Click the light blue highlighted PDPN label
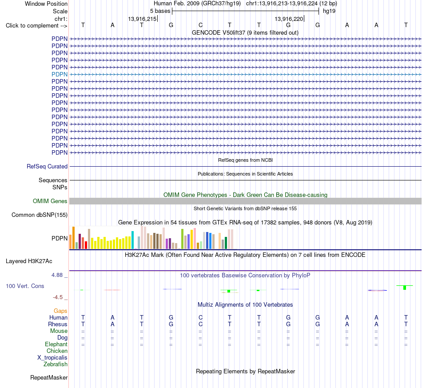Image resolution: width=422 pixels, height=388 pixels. tap(60, 74)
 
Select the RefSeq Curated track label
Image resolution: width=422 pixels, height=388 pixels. tap(47, 166)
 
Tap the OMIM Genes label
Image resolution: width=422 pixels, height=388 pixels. tap(50, 201)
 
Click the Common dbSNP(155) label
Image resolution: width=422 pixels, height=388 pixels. tap(40, 215)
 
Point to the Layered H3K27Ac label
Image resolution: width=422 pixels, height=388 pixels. tap(29, 261)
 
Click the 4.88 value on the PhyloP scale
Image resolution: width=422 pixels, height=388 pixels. tap(57, 275)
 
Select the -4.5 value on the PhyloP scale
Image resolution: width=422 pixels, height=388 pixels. tap(58, 297)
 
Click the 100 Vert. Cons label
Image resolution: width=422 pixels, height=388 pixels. tap(25, 286)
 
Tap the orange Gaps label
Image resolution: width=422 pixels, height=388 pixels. tap(60, 311)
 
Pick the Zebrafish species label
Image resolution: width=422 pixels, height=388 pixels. tap(56, 364)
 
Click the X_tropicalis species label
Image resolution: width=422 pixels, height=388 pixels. tap(52, 358)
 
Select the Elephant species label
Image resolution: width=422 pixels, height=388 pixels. tap(56, 344)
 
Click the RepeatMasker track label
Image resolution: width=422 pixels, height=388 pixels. tap(49, 377)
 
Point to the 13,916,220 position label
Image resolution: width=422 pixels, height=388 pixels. tap(289, 19)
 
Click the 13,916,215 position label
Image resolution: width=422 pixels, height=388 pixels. tap(142, 19)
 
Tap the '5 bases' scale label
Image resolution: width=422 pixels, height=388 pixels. tap(160, 11)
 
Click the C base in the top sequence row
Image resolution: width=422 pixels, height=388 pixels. tap(200, 25)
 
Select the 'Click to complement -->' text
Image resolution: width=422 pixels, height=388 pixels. tap(36, 26)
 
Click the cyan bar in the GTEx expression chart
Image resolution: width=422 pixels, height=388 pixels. tap(132, 240)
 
